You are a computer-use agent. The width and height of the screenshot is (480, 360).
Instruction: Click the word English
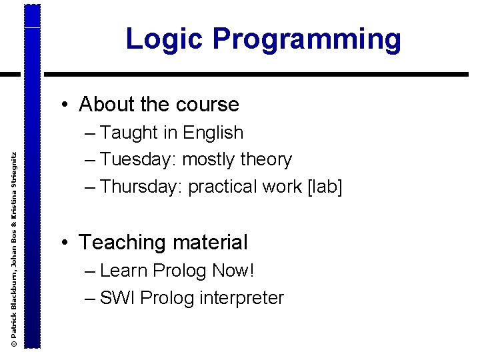click(213, 133)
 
